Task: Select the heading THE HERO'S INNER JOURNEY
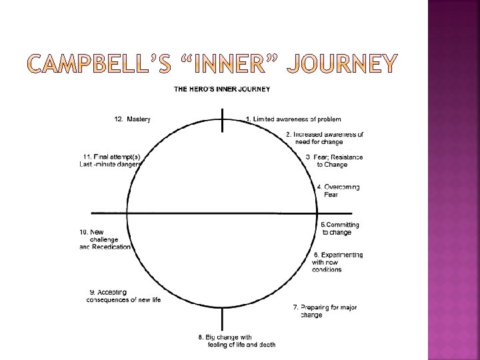tap(222, 89)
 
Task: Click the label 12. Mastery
tap(133, 119)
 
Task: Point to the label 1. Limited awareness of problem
tap(293, 119)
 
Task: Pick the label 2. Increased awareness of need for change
tap(325, 138)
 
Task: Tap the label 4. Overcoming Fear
tap(338, 191)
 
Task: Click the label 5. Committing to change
tap(339, 229)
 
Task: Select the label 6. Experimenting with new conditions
tap(337, 262)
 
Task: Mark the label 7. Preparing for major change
tap(325, 311)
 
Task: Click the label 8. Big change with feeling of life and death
tap(237, 340)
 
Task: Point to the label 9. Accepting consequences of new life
tap(124, 296)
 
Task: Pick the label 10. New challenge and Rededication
tap(105, 239)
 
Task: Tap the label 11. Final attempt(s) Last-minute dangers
tap(110, 160)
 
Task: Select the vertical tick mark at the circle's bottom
tap(222, 317)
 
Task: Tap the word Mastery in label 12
tap(139, 119)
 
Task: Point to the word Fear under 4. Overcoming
tap(331, 195)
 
